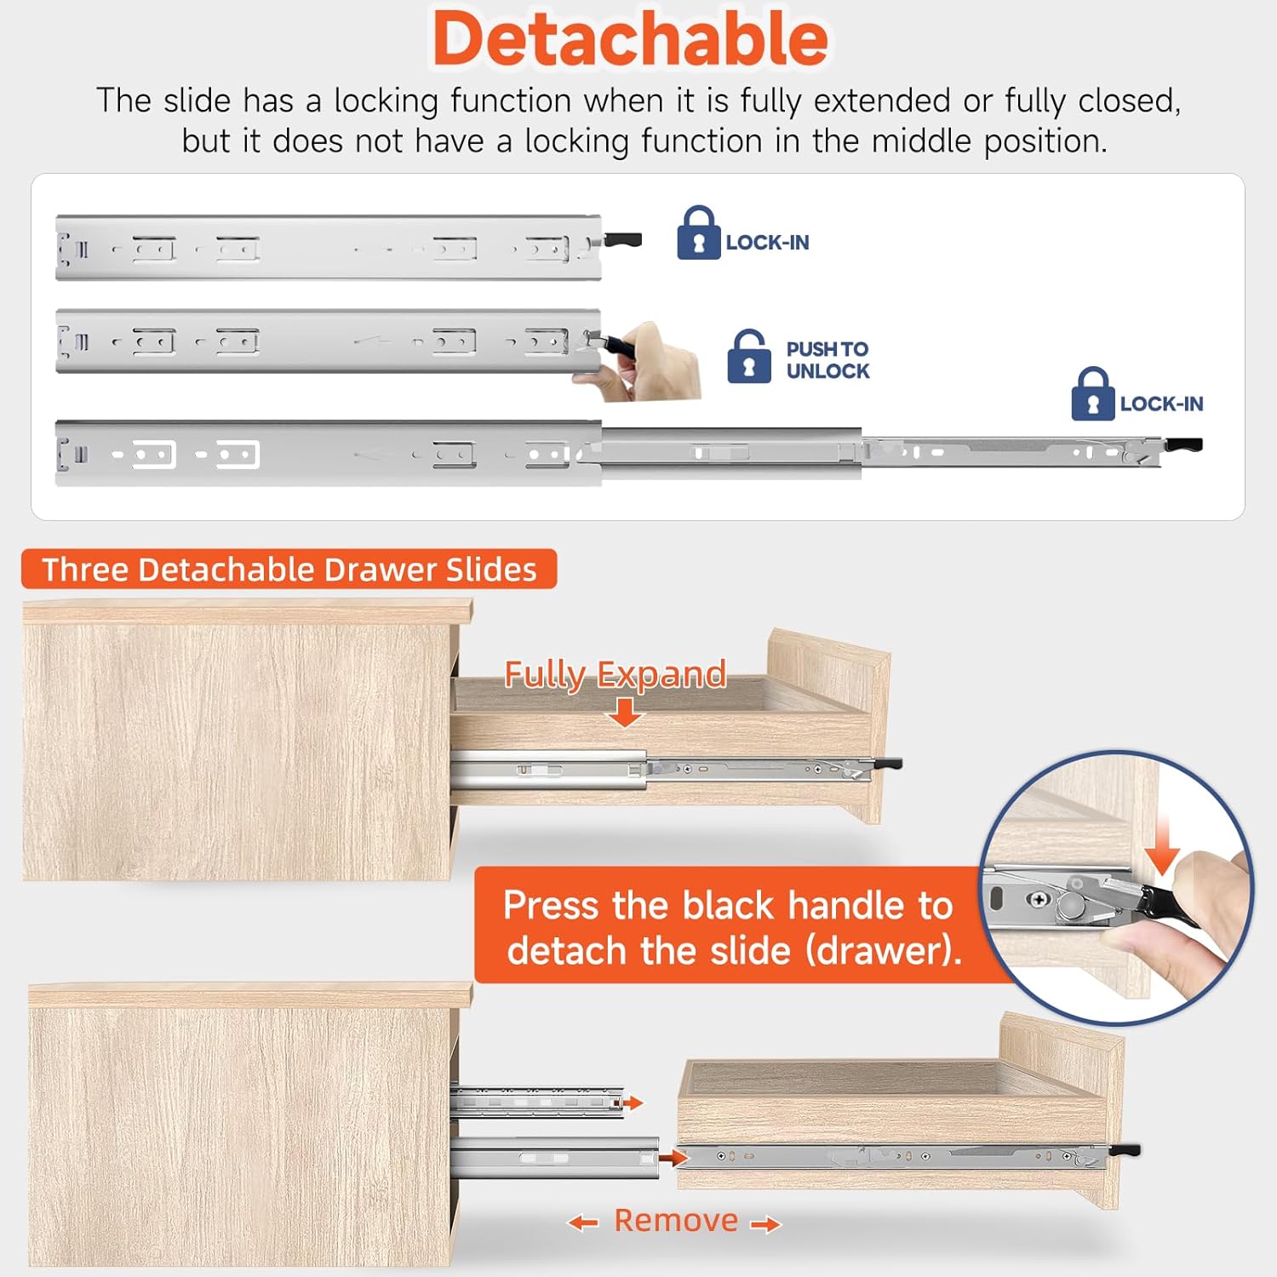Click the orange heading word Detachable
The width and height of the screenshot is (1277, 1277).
click(x=630, y=40)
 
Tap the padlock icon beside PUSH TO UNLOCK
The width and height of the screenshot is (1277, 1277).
click(x=749, y=357)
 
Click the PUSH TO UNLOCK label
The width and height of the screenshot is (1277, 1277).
click(x=827, y=360)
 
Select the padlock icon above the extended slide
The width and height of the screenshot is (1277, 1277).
click(x=1092, y=394)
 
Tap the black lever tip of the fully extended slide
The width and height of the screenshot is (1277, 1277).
click(x=1184, y=444)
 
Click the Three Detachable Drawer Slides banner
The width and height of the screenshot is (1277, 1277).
click(x=289, y=569)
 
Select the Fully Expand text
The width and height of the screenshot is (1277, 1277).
click(x=615, y=673)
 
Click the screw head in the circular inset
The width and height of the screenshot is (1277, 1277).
click(x=1039, y=899)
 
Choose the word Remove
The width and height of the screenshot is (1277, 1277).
click(x=676, y=1220)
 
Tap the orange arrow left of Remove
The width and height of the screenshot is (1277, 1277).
click(x=583, y=1223)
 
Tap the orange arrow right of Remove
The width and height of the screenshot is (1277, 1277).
click(x=765, y=1225)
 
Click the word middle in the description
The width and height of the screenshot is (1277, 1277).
click(x=921, y=140)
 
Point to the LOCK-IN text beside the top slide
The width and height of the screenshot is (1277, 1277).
click(x=767, y=243)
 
